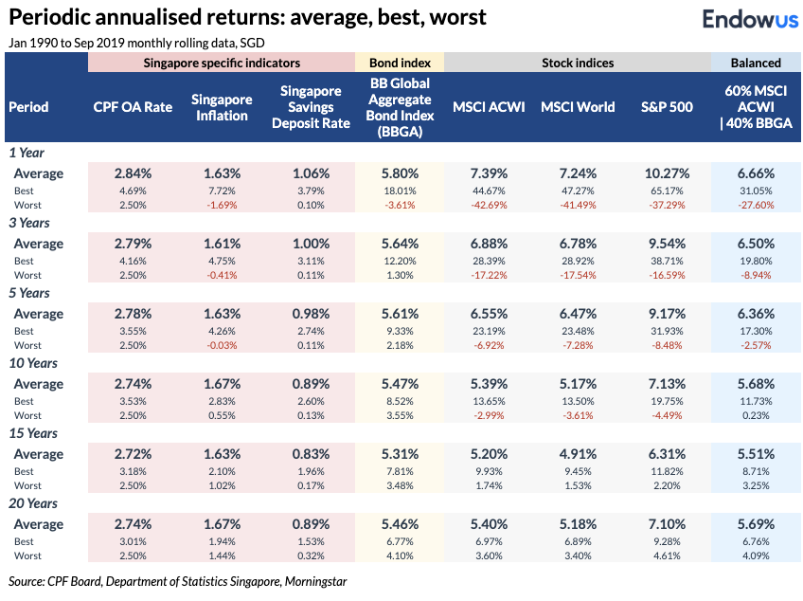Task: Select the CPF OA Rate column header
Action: click(x=133, y=107)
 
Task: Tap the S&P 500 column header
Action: click(x=665, y=107)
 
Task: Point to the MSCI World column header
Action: click(x=578, y=107)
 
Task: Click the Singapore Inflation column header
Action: click(x=222, y=107)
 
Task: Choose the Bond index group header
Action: click(x=399, y=64)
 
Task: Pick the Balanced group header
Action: click(x=756, y=64)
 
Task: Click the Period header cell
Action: click(x=28, y=107)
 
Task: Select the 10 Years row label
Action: click(x=33, y=363)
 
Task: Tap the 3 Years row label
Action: click(x=30, y=223)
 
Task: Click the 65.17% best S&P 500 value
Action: click(x=665, y=191)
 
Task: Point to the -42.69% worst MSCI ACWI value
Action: click(x=489, y=205)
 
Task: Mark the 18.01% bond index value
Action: click(x=399, y=191)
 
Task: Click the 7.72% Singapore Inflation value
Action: click(x=222, y=191)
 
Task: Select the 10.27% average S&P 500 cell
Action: click(x=665, y=173)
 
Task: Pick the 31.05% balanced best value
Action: click(x=756, y=191)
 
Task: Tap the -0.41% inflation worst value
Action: click(x=222, y=275)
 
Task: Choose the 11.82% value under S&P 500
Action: click(x=665, y=471)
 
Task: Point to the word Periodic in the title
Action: click(x=46, y=17)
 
